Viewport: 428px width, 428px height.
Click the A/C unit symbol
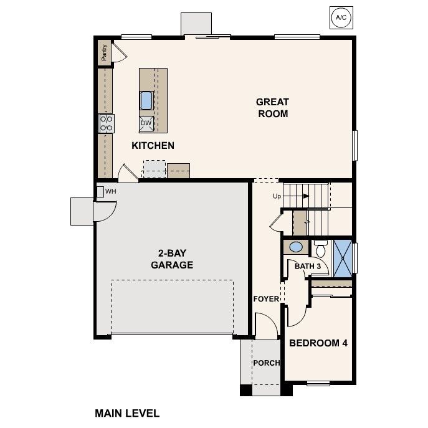pyautogui.click(x=341, y=17)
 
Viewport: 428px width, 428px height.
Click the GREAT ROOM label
pyautogui.click(x=272, y=108)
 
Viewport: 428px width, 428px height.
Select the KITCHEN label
pyautogui.click(x=153, y=146)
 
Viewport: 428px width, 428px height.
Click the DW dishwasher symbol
pyautogui.click(x=146, y=123)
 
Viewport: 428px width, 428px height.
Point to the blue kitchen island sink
pyautogui.click(x=146, y=100)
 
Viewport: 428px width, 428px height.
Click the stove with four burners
pyautogui.click(x=106, y=123)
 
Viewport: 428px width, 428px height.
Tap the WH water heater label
pyautogui.click(x=111, y=191)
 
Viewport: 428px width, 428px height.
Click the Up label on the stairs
pyautogui.click(x=278, y=196)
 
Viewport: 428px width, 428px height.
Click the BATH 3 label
pyautogui.click(x=308, y=267)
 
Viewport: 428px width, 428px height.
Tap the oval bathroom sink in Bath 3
pyautogui.click(x=297, y=247)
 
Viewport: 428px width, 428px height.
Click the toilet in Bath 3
pyautogui.click(x=321, y=250)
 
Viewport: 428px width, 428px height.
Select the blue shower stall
pyautogui.click(x=342, y=256)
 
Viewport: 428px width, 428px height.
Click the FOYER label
pyautogui.click(x=266, y=299)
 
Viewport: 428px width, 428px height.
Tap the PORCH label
pyautogui.click(x=266, y=363)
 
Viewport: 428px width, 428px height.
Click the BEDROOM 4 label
pyautogui.click(x=318, y=343)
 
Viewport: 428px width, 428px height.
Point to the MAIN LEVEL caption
pyautogui.click(x=127, y=412)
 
